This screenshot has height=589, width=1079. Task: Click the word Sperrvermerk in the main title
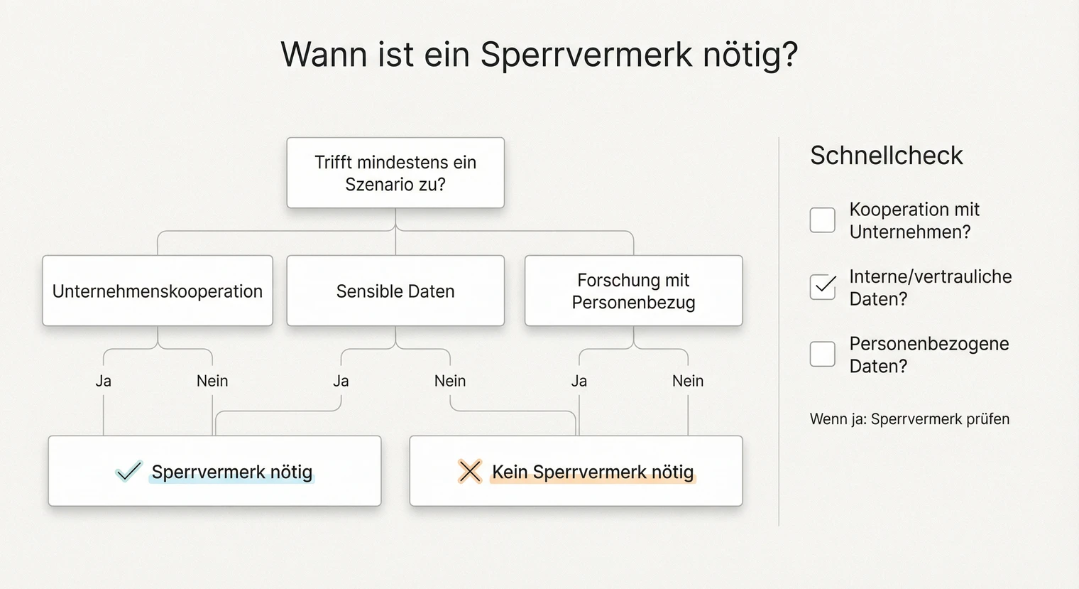click(x=586, y=55)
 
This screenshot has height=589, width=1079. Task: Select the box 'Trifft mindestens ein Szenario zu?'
click(x=395, y=173)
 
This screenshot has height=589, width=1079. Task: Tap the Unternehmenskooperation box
click(x=158, y=291)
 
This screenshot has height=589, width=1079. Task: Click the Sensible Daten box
click(x=395, y=291)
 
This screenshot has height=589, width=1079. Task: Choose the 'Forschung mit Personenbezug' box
click(x=633, y=291)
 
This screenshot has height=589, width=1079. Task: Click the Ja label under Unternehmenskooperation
click(x=104, y=381)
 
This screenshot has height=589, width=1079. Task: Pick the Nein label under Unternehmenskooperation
click(x=212, y=381)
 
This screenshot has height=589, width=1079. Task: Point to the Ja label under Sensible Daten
click(x=341, y=381)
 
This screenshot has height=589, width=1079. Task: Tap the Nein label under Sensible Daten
click(x=450, y=381)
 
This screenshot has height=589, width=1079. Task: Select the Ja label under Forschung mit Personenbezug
click(x=579, y=381)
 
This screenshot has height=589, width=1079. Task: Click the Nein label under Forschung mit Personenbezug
click(x=688, y=381)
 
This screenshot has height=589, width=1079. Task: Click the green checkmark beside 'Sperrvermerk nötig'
click(x=128, y=471)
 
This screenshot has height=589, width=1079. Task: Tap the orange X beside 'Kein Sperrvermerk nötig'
click(x=469, y=471)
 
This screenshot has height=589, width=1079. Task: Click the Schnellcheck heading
click(x=886, y=156)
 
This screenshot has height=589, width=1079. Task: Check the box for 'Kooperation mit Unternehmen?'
click(x=822, y=220)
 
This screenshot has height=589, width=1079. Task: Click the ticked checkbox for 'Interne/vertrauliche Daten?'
click(x=822, y=287)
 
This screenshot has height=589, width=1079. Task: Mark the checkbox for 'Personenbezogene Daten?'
click(x=822, y=354)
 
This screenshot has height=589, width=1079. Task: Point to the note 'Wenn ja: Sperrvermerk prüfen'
click(x=909, y=419)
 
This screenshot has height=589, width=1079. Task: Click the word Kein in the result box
click(x=509, y=472)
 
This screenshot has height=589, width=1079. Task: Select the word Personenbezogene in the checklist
click(x=929, y=344)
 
